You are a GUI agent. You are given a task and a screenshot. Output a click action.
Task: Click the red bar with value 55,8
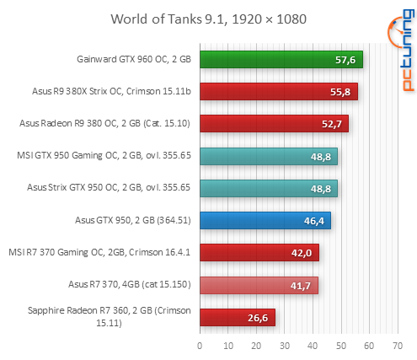278,91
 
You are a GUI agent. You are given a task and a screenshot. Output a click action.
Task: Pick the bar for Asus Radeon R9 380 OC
274,123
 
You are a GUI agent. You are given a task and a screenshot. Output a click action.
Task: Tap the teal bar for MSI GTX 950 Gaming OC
268,156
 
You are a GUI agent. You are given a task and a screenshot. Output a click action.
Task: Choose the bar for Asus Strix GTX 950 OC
268,188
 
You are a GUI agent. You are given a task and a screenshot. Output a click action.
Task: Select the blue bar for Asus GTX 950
265,220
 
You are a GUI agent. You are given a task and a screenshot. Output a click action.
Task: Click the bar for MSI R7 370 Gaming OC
259,252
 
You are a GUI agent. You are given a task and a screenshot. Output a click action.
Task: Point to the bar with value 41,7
258,285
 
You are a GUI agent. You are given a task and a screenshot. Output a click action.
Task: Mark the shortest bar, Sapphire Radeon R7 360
237,317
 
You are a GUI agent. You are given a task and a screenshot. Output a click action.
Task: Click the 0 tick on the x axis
200,345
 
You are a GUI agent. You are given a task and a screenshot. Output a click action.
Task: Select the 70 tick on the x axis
397,345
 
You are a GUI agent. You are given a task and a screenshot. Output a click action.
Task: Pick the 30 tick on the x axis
284,345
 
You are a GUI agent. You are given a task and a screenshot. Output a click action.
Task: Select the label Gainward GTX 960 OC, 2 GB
132,59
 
